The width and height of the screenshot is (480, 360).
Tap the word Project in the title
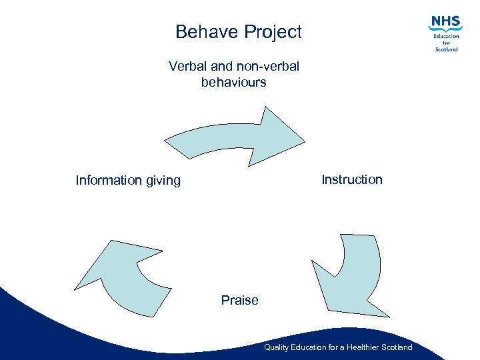[273, 32]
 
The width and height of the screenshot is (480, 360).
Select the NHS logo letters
[446, 23]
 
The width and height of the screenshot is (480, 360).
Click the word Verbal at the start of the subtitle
[189, 67]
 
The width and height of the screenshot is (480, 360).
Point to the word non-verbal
[268, 67]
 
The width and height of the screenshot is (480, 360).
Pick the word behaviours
[233, 83]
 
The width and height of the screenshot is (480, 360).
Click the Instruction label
[352, 179]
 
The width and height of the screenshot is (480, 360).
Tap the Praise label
[239, 300]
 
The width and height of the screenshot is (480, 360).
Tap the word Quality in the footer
[275, 347]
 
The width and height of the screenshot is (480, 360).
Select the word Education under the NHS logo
[446, 36]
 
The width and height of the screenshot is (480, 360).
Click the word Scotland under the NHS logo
[446, 49]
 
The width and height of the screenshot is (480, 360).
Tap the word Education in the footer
[306, 347]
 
